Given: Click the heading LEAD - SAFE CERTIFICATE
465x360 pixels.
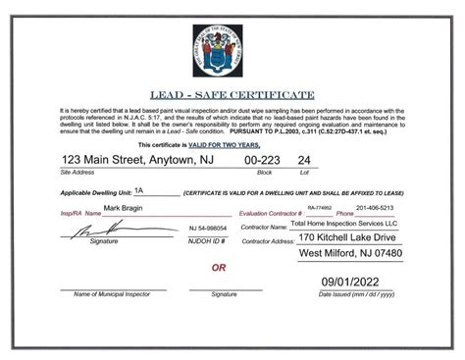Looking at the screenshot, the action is pyautogui.click(x=232, y=94).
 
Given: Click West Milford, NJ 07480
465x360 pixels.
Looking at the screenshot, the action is pyautogui.click(x=349, y=255).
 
